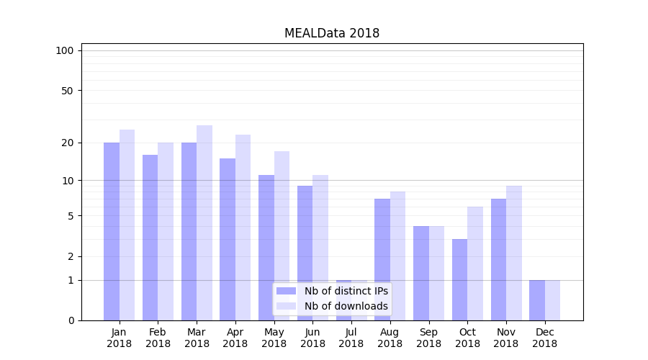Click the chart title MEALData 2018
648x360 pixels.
[331, 33]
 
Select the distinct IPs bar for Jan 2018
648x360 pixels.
[112, 230]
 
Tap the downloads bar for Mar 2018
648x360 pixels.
[204, 223]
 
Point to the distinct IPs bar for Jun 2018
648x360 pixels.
[305, 252]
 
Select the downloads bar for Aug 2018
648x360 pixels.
[397, 256]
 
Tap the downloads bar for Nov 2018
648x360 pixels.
[514, 252]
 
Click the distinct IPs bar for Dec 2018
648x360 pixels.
[537, 300]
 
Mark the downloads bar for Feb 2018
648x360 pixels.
[166, 230]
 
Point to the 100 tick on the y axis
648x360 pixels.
[65, 50]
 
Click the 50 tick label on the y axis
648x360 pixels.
[68, 91]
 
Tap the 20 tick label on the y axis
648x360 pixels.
[68, 143]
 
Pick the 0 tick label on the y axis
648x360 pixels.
[71, 320]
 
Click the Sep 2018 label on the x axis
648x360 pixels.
[428, 338]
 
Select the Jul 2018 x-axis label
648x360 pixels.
[351, 338]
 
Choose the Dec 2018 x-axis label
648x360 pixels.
[545, 338]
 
